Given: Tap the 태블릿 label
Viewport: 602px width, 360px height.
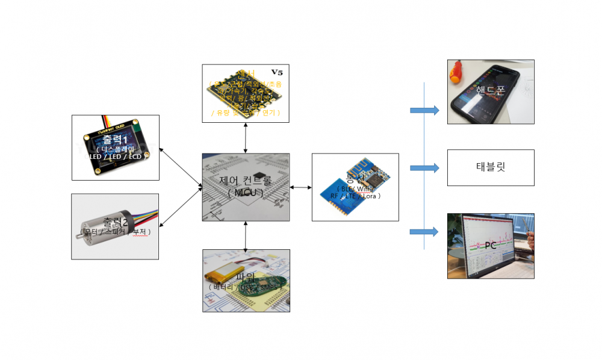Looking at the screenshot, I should (x=491, y=167).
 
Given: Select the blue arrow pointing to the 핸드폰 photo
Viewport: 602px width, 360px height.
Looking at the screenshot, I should (x=425, y=110).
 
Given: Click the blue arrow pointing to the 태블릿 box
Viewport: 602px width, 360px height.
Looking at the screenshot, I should (x=425, y=168).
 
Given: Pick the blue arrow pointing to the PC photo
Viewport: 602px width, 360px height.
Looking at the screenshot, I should (x=425, y=232).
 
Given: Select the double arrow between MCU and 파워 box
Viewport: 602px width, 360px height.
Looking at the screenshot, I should (x=246, y=235).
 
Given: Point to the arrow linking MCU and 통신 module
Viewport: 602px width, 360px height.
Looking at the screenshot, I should (x=300, y=187).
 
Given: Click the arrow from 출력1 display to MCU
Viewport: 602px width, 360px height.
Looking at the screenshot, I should (x=181, y=166).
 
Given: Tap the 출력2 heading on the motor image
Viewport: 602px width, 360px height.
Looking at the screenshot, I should (x=115, y=222).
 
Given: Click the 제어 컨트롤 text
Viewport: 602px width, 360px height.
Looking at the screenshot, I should (x=246, y=181).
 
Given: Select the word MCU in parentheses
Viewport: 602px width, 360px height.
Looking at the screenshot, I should (x=246, y=192).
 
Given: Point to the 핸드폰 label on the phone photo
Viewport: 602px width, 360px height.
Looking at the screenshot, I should (x=490, y=90).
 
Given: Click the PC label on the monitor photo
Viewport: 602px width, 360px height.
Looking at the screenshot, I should (x=491, y=246).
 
